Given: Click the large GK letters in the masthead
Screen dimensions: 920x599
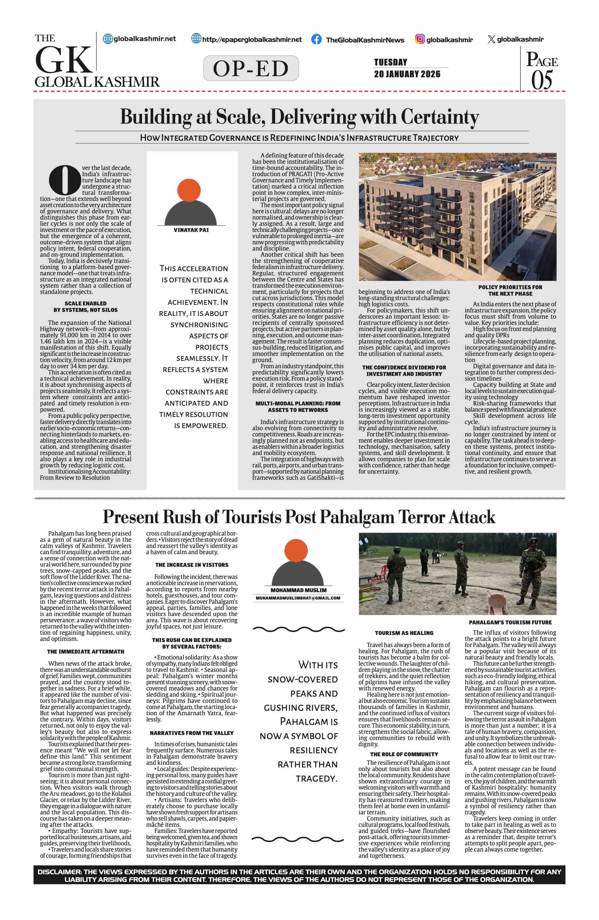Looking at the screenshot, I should click(63, 60).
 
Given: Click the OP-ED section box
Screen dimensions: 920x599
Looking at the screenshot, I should click(251, 68).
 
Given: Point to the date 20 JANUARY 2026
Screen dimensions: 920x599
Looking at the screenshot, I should click(407, 74).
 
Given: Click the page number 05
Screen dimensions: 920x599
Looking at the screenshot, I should click(541, 80).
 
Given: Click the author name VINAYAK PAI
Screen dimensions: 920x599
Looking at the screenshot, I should click(191, 230).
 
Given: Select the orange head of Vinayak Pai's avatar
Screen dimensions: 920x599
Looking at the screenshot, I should click(189, 191).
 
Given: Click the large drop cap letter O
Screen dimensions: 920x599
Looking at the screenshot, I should click(64, 180).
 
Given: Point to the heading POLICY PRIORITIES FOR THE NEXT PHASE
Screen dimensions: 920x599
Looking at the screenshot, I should click(510, 290).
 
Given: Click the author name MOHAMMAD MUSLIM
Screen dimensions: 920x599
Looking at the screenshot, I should click(298, 590).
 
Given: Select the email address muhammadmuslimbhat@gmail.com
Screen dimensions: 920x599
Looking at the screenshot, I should click(298, 598).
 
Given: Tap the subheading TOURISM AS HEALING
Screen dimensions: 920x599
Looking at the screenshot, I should click(404, 633).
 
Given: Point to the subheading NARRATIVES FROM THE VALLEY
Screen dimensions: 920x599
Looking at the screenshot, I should click(192, 733).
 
